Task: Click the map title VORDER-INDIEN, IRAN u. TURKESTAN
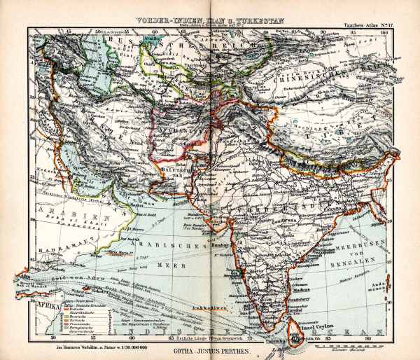point(211,21)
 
